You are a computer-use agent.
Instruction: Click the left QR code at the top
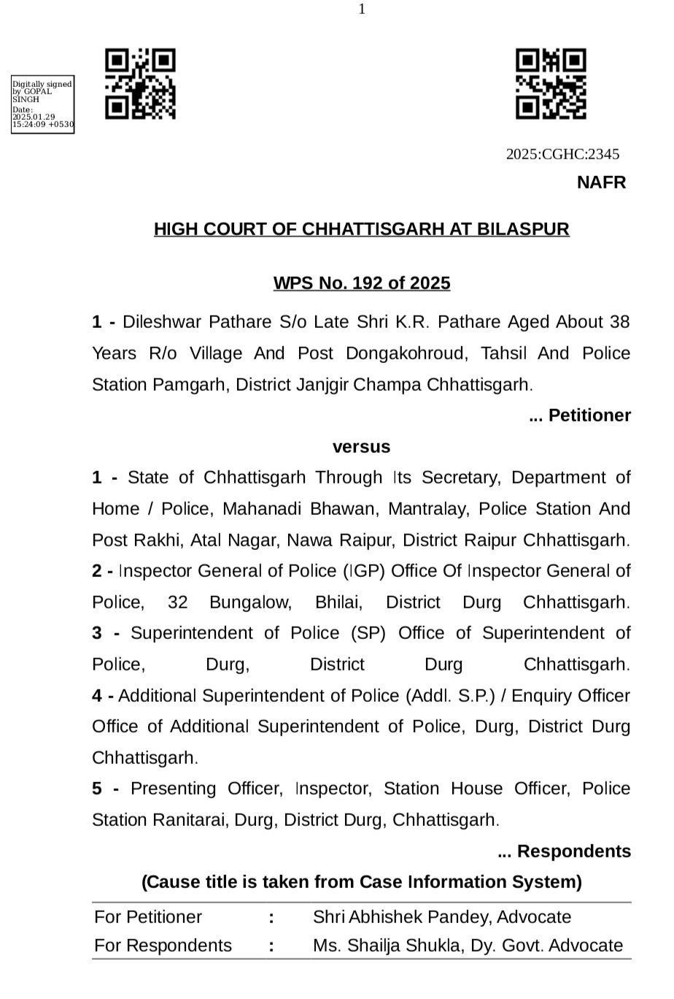[140, 84]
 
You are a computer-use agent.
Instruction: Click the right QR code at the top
[551, 84]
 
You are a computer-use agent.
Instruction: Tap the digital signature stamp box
[42, 104]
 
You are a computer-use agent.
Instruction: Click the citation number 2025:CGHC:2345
[562, 154]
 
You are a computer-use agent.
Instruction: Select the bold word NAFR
[601, 183]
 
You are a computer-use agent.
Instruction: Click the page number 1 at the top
[362, 9]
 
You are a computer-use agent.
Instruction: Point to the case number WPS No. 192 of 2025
[362, 283]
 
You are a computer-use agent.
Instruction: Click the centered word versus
[362, 446]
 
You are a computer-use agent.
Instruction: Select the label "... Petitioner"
[579, 416]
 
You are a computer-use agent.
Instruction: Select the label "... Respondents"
[564, 851]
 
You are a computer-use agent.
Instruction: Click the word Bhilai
[338, 602]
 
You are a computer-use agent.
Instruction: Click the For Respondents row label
[163, 946]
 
